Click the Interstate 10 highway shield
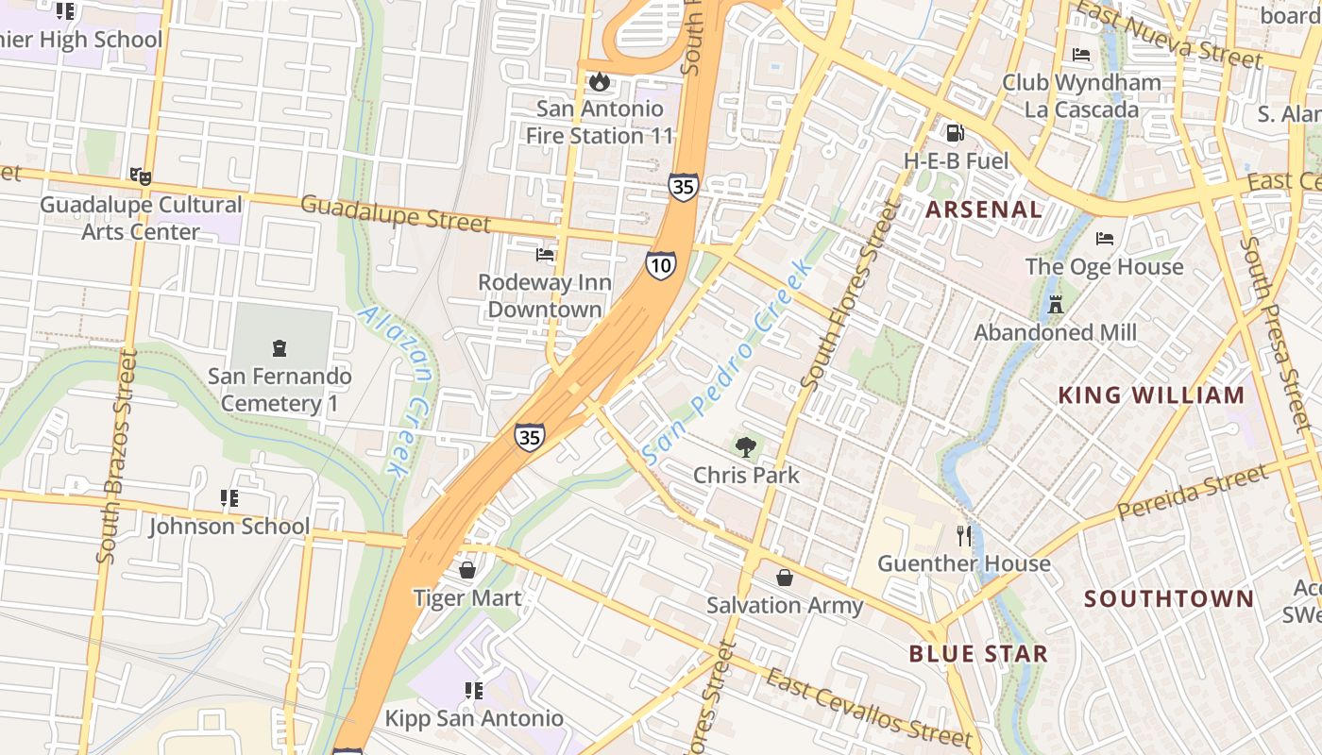(661, 265)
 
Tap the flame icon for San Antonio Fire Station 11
(599, 82)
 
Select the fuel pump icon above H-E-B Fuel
(956, 134)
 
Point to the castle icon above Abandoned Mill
(1055, 305)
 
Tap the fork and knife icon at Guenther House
(963, 536)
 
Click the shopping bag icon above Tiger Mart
(466, 570)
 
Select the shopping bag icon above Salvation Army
(784, 578)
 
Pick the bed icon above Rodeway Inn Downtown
(545, 255)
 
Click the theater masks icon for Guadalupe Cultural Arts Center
(140, 176)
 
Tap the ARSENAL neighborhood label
(984, 210)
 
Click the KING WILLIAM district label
(1151, 395)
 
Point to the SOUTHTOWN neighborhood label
(1169, 598)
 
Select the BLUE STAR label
(978, 653)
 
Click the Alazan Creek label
(398, 389)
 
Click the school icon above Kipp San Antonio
(474, 691)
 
